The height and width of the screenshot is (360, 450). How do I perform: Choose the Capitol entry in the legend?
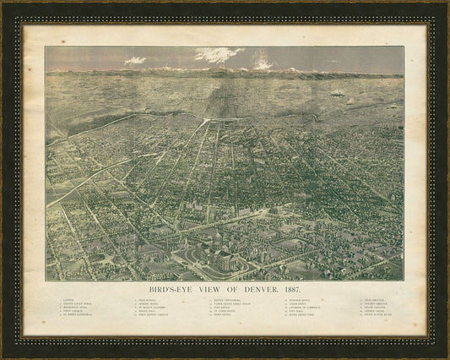(70, 300)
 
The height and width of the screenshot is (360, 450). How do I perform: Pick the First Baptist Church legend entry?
(157, 316)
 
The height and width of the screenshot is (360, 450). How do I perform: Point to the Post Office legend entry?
(228, 308)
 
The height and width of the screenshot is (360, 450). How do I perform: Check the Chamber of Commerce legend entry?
(304, 308)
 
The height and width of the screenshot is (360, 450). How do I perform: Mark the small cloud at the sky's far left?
(135, 61)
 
